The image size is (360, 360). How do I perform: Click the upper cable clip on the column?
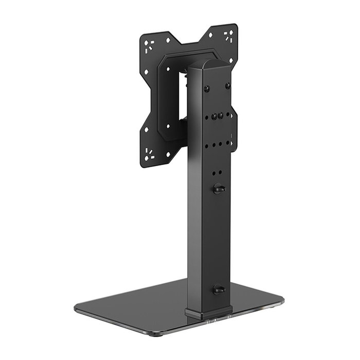tap(219, 189)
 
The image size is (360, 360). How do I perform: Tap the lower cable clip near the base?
tap(219, 289)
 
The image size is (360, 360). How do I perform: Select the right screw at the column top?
tap(227, 85)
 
